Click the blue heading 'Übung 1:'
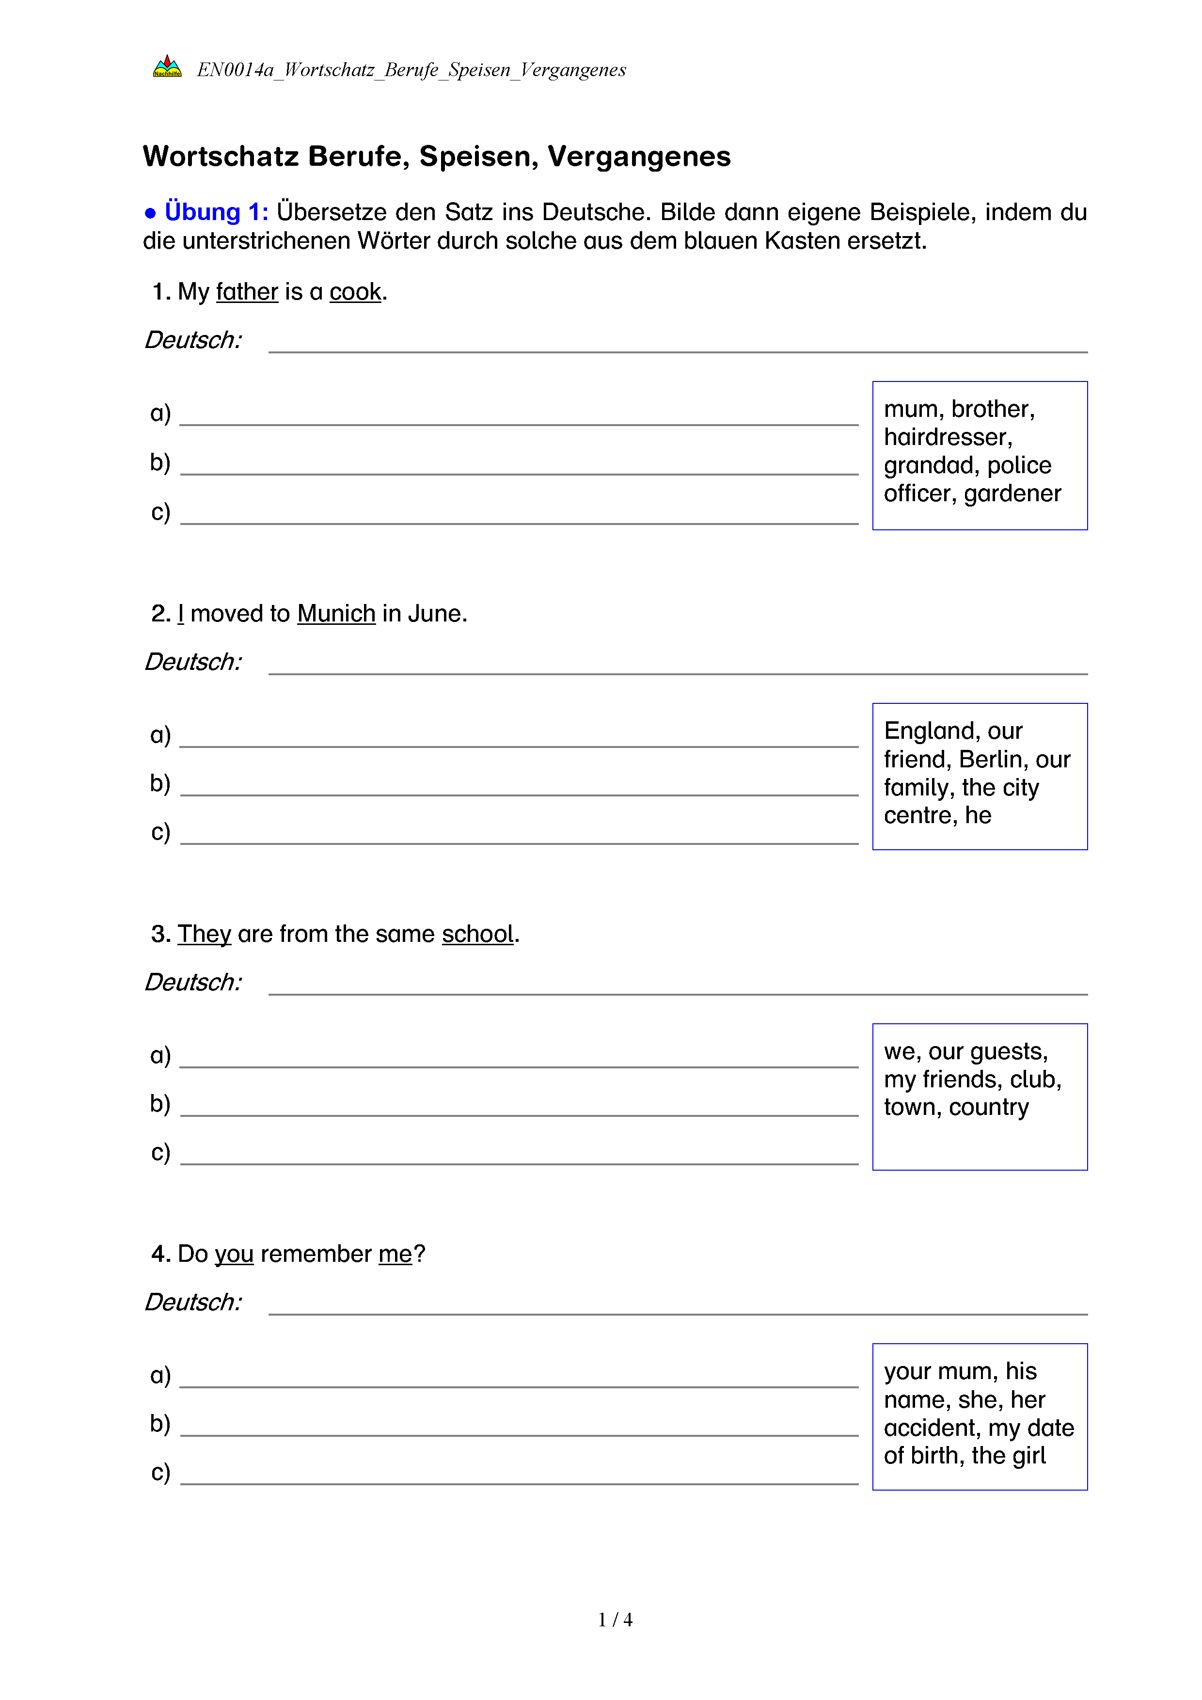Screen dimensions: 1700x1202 pyautogui.click(x=216, y=212)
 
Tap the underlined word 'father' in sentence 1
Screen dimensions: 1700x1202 pyautogui.click(x=247, y=292)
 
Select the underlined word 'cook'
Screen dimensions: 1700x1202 pyautogui.click(x=355, y=292)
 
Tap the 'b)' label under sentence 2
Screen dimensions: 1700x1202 pyautogui.click(x=160, y=783)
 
